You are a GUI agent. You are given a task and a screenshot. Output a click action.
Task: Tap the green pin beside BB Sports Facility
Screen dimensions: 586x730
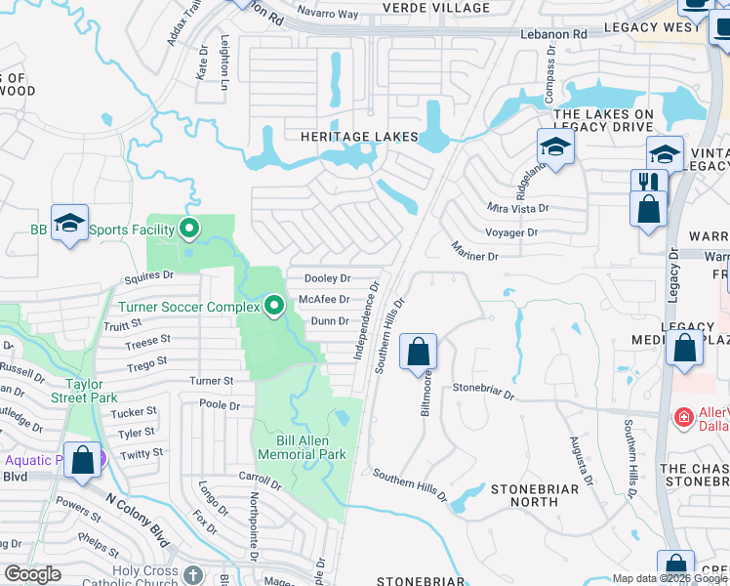(x=189, y=230)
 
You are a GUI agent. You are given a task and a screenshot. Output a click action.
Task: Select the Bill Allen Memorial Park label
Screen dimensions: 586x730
(x=302, y=447)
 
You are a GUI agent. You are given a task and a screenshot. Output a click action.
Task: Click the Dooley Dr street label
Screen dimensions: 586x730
(x=327, y=278)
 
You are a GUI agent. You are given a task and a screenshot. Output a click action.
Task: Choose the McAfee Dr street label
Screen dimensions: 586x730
(x=324, y=300)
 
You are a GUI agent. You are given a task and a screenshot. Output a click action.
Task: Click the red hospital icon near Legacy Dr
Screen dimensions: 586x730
(x=685, y=418)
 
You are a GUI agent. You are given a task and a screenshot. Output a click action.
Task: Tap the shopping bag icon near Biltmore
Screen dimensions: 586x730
(x=418, y=351)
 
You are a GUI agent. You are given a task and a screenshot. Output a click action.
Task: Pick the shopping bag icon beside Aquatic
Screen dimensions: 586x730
(x=82, y=460)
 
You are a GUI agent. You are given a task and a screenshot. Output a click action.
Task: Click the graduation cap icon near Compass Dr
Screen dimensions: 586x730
(x=554, y=147)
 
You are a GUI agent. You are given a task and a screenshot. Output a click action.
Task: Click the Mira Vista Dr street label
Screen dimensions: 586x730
(x=517, y=208)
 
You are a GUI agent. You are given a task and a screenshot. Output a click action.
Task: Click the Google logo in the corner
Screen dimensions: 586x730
(x=32, y=574)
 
